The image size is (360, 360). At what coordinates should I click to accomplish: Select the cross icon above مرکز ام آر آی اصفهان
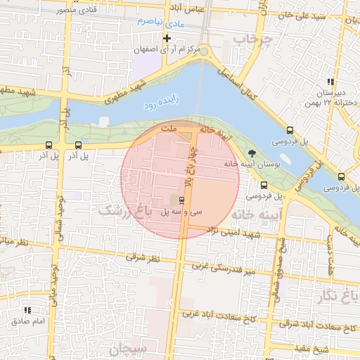coord(167,38)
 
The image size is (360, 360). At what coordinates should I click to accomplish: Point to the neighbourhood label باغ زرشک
coord(130,210)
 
